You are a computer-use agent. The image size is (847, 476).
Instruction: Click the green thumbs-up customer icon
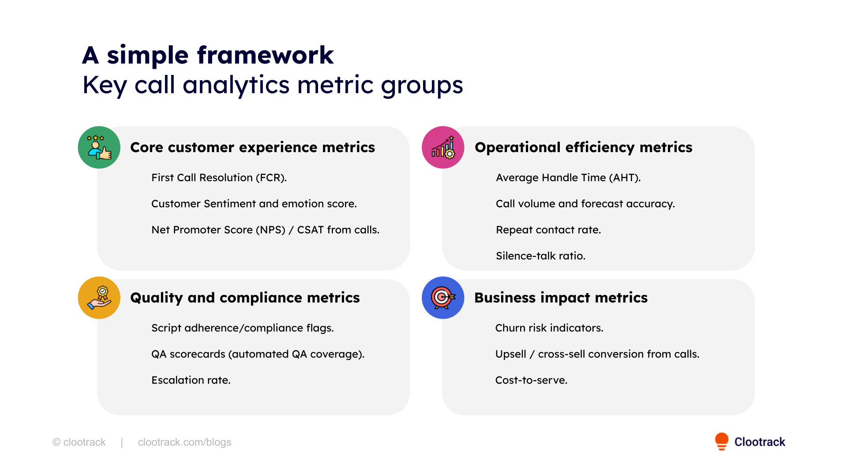99,148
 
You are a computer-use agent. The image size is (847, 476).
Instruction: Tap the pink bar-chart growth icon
443,148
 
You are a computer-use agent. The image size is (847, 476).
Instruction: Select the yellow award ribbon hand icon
99,298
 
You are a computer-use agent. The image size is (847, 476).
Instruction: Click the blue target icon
443,298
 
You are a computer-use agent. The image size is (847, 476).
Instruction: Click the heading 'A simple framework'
208,56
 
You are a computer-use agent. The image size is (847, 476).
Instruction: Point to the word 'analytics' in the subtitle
236,85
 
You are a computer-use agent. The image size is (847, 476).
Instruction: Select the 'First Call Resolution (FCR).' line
219,178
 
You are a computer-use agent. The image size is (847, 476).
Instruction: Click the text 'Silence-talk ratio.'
540,256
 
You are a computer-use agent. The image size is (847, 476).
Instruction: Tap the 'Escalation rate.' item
191,380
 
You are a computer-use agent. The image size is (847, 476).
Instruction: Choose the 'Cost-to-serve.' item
531,380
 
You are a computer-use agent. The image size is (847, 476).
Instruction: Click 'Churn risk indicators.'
549,328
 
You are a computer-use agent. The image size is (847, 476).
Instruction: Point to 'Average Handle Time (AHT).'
568,178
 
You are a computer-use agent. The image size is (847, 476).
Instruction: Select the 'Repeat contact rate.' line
548,230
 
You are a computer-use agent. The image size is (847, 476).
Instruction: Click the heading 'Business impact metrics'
561,298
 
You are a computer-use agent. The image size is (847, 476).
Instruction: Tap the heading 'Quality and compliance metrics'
245,298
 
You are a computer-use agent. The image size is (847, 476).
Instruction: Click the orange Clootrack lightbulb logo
722,441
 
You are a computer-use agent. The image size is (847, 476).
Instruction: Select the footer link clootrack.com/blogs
184,442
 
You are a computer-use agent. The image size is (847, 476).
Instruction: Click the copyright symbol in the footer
56,442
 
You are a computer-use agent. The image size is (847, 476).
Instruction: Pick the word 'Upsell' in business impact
510,354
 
